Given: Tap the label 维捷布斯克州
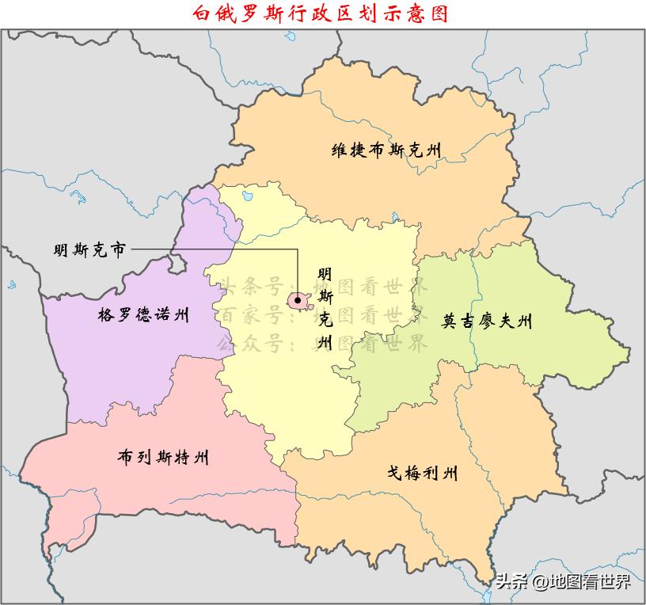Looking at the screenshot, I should click(386, 150).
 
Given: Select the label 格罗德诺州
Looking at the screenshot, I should click(143, 315).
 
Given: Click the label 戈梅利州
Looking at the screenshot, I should click(422, 474).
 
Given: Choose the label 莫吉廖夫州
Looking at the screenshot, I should click(487, 322).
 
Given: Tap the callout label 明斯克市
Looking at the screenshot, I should click(89, 250).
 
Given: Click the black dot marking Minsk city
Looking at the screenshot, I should click(297, 300).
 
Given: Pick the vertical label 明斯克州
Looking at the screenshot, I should click(324, 309).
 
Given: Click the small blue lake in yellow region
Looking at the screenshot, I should click(247, 193).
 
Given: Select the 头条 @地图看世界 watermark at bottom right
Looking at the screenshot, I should click(564, 583).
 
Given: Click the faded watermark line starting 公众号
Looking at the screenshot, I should click(323, 344).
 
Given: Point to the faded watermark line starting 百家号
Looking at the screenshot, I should click(323, 315).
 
